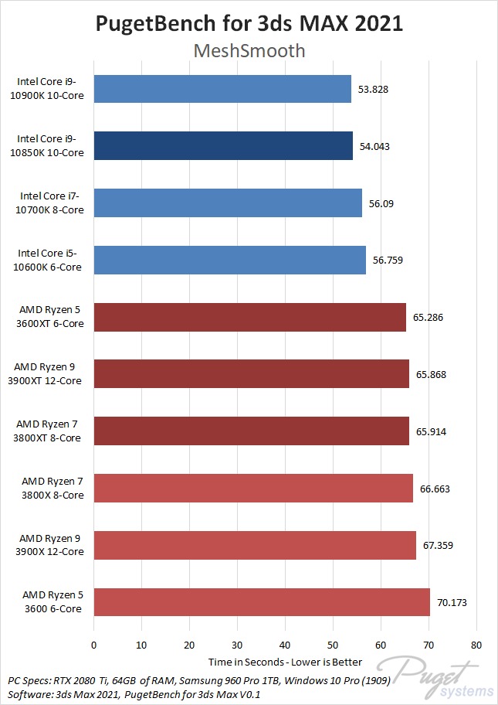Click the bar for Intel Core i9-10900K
[x=222, y=89]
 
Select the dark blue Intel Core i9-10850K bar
[x=223, y=145]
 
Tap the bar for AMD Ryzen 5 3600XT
[x=249, y=317]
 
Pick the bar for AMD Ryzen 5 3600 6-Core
[x=262, y=602]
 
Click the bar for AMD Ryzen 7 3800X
[x=253, y=489]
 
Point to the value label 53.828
[x=373, y=89]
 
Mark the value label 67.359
[x=438, y=545]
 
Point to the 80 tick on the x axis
[x=476, y=645]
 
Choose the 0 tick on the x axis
[x=93, y=645]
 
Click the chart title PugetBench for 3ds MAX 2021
[x=249, y=23]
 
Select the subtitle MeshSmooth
[x=248, y=51]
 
